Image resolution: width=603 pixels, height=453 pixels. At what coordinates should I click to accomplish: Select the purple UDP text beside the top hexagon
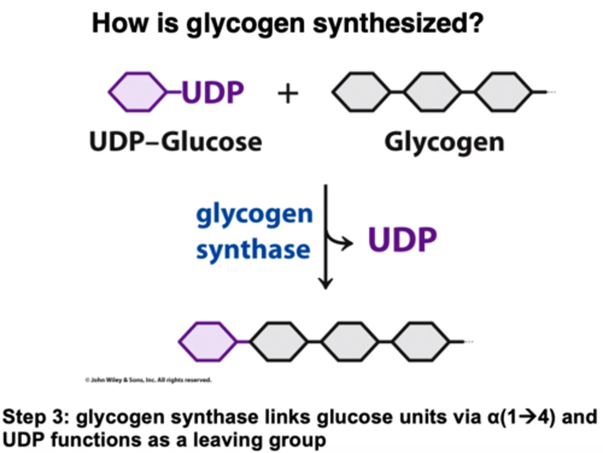(213, 92)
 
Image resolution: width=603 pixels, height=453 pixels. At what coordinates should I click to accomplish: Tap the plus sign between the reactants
(288, 93)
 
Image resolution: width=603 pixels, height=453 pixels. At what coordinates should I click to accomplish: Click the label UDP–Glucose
(175, 142)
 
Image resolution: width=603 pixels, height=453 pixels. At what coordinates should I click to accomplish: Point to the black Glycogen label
(444, 142)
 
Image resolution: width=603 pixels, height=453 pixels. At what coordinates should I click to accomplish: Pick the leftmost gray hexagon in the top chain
(361, 92)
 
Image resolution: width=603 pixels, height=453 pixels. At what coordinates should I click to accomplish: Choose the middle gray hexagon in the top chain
(432, 92)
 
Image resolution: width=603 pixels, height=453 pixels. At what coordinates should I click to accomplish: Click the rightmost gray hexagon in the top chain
(503, 92)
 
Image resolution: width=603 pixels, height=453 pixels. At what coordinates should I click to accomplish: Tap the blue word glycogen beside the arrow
(254, 214)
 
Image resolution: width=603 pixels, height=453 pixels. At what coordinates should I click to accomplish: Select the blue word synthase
(253, 250)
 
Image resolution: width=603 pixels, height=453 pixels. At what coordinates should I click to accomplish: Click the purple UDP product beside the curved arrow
(402, 240)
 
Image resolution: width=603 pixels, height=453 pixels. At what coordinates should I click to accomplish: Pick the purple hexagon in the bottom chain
(208, 342)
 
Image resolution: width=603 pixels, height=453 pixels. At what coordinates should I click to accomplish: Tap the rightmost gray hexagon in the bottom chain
(420, 342)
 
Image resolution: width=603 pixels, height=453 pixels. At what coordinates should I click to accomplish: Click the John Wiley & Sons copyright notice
(148, 380)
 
